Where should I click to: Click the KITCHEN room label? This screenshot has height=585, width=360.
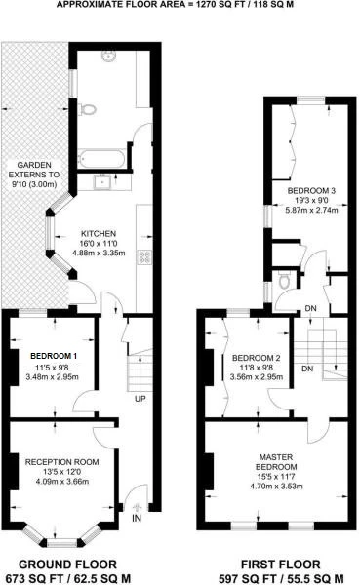pyautogui.click(x=100, y=234)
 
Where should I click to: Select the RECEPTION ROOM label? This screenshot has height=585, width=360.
pyautogui.click(x=62, y=461)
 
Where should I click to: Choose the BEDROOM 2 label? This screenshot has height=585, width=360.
pyautogui.click(x=255, y=358)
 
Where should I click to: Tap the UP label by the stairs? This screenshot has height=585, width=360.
pyautogui.click(x=140, y=397)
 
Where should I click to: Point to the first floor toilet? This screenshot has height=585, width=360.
pyautogui.click(x=283, y=281)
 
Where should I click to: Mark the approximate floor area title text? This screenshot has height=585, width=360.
pyautogui.click(x=179, y=5)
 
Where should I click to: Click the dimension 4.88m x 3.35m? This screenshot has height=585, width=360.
pyautogui.click(x=100, y=253)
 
